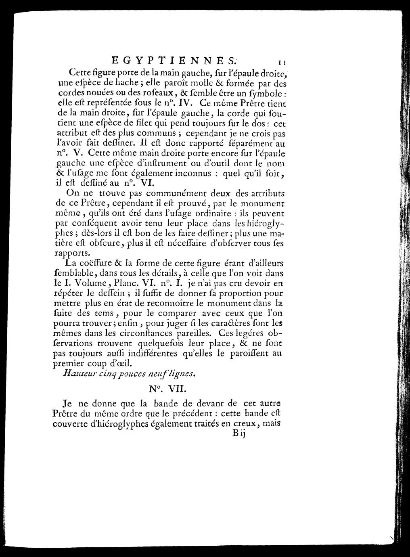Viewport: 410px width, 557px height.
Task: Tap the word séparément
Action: click(x=253, y=143)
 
